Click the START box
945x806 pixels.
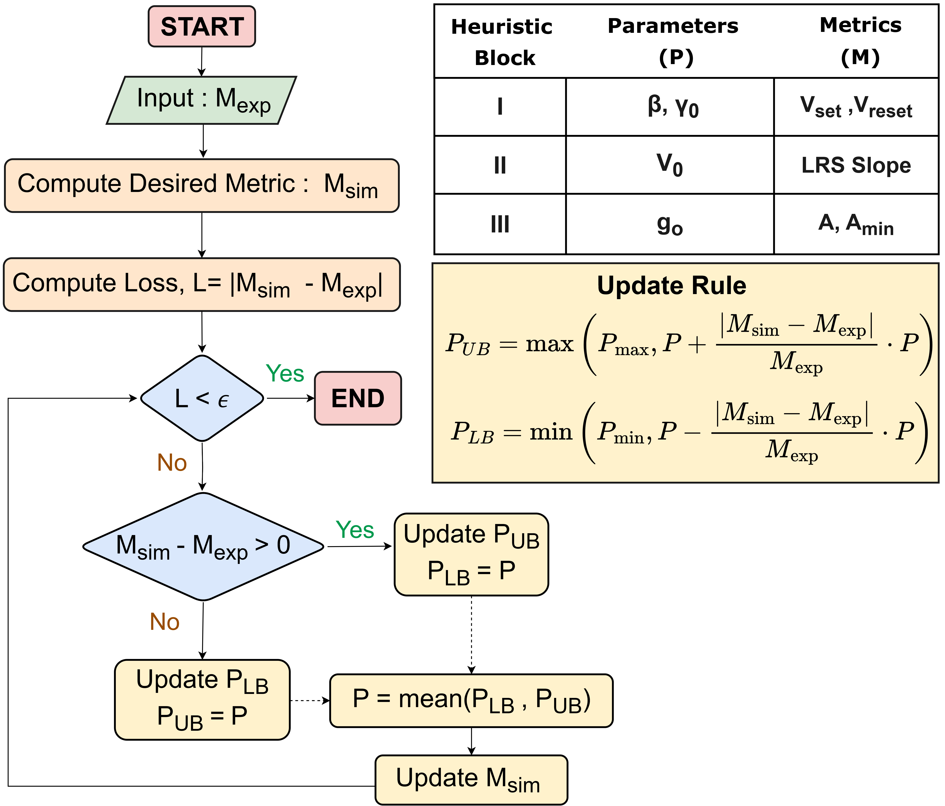(x=202, y=26)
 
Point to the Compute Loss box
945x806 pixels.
(x=202, y=284)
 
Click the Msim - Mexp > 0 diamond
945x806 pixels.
(x=203, y=546)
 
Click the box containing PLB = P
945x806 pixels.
(x=471, y=554)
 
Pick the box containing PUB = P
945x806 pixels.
(x=202, y=699)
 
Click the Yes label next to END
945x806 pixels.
(x=285, y=374)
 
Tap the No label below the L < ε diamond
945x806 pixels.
(x=172, y=463)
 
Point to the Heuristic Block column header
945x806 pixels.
(x=502, y=42)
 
